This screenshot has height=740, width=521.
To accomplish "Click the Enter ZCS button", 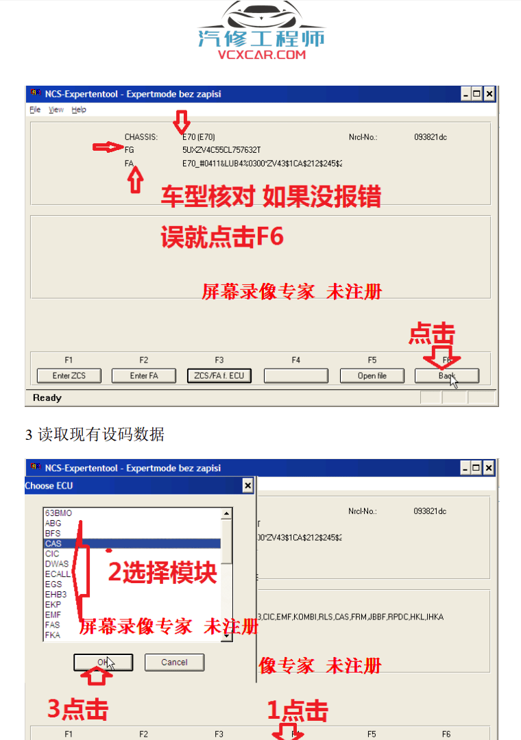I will (69, 375).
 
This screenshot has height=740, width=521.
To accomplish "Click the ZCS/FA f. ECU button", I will (219, 375).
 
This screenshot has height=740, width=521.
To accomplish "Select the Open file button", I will (372, 375).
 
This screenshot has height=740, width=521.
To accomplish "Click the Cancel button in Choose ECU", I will (174, 662).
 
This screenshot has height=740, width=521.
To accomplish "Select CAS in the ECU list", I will (53, 543).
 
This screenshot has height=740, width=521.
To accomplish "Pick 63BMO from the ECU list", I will (58, 513).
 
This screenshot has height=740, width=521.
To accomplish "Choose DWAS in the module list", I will (57, 564).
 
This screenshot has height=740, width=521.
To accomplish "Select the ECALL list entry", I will (58, 574).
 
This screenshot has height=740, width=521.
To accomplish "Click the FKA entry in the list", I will (53, 635).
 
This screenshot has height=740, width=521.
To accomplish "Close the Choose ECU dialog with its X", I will (247, 486).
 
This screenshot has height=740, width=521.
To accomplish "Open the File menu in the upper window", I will (35, 110).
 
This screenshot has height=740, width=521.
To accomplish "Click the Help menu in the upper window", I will (79, 110).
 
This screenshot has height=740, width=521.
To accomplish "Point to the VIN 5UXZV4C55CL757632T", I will (221, 149).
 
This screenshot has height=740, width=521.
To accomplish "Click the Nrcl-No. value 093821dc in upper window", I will (431, 137).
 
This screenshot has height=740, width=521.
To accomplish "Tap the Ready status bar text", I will (47, 398).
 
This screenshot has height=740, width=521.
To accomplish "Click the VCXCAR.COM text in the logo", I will (261, 55).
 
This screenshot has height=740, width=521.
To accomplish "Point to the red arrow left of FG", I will (107, 147).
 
